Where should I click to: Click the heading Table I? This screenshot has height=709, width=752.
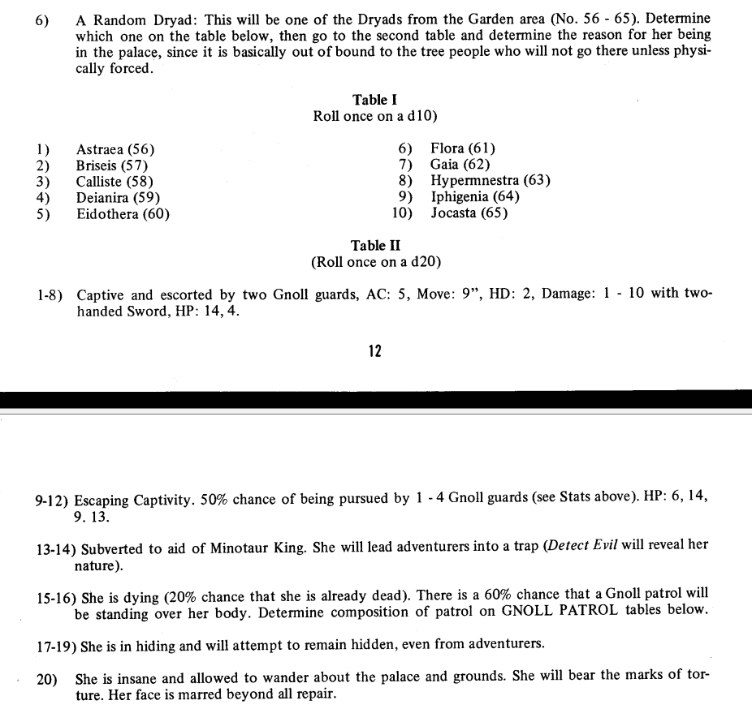pos(374,100)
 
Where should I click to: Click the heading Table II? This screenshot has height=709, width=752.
pos(375,245)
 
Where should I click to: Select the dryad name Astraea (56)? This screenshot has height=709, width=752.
pos(115,149)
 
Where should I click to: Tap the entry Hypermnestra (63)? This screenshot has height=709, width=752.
pos(490,180)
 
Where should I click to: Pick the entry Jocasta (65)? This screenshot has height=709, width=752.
pos(469,213)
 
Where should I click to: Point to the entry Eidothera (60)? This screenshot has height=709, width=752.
pos(123,214)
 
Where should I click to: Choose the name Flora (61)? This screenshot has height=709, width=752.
pos(462,148)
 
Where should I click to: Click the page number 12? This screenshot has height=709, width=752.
pos(374,351)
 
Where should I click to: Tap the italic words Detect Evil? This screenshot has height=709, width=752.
pos(583,545)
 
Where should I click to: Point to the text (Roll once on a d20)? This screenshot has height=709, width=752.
pos(375,262)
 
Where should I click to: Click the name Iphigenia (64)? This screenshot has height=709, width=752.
pos(474,196)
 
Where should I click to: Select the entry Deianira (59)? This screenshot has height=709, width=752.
pos(118,197)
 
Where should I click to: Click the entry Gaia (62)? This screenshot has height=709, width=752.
pos(460,164)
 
